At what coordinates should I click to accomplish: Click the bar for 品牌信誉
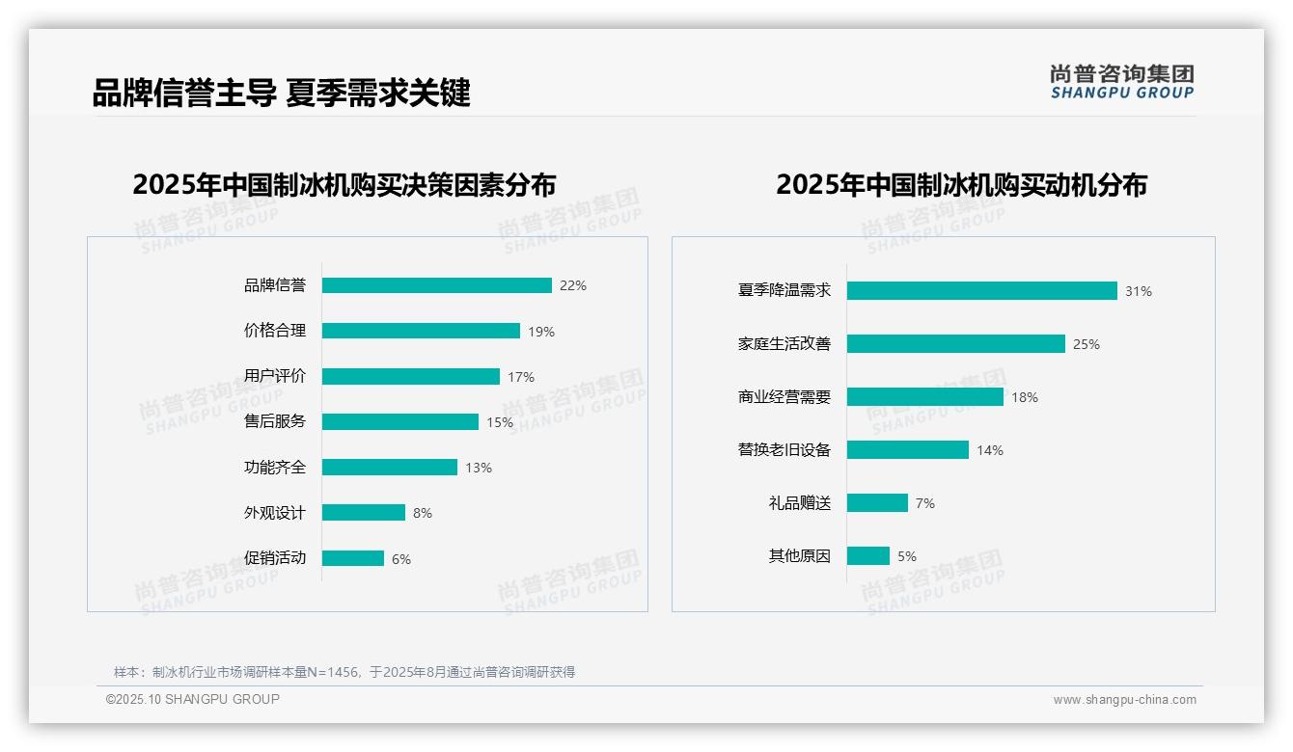(x=436, y=285)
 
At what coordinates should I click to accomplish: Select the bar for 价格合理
(x=421, y=331)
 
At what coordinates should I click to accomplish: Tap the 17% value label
(x=521, y=377)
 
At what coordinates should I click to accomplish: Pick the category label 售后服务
(x=274, y=421)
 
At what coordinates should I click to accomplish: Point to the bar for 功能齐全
(x=389, y=468)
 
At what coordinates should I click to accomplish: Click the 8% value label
(x=423, y=513)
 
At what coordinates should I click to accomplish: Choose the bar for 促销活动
(x=352, y=558)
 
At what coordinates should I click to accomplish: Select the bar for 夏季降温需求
(x=981, y=291)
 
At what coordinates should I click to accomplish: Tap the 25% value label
(x=1087, y=344)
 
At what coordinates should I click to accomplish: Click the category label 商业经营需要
(x=784, y=397)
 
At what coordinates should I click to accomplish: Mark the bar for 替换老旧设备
(x=907, y=450)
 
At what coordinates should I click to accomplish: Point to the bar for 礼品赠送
(x=877, y=503)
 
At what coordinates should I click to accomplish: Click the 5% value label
(x=907, y=556)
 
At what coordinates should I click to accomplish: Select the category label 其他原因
(x=799, y=556)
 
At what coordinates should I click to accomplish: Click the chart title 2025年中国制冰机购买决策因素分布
(x=344, y=184)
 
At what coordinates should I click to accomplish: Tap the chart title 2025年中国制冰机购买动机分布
(x=961, y=184)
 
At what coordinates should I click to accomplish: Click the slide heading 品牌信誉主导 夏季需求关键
(x=281, y=93)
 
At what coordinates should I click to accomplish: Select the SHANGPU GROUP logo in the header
(x=1122, y=81)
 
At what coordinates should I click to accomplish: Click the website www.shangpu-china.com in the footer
(x=1124, y=700)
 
